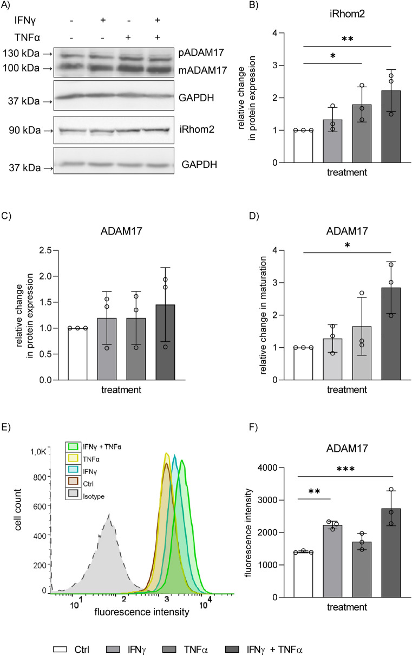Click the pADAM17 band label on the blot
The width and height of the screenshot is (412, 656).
[x=197, y=53]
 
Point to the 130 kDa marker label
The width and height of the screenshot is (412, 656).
[x=22, y=53]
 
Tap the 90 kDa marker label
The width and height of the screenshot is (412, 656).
[x=24, y=131]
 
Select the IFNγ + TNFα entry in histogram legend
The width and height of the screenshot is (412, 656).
[x=102, y=461]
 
